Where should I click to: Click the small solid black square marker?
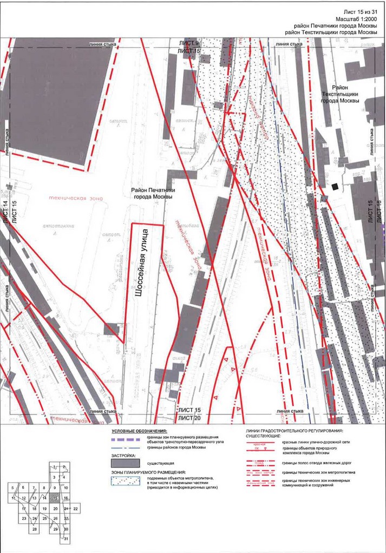click(x=336, y=187)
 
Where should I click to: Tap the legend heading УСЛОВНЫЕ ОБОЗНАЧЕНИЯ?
click(x=139, y=430)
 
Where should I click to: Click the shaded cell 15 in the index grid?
click(x=56, y=498)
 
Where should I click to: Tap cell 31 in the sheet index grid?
click(x=66, y=539)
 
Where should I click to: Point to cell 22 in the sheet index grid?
click(x=76, y=509)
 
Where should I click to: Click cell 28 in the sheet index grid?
click(x=35, y=529)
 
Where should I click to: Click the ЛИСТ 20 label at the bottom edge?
click(x=189, y=418)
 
